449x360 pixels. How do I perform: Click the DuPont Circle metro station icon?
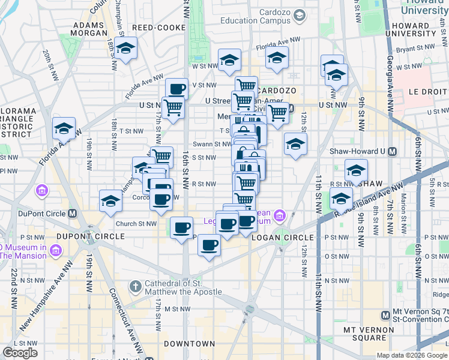[x=73, y=214]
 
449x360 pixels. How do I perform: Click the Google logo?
[x=20, y=353]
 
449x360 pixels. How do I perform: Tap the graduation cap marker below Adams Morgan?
[x=126, y=48]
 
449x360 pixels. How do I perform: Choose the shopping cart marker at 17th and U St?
[x=173, y=107]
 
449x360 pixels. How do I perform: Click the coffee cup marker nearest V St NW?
[x=177, y=89]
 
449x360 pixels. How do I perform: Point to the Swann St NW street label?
[x=212, y=144]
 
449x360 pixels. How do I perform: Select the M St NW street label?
[x=177, y=308]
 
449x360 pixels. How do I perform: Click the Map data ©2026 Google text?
[x=412, y=356]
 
